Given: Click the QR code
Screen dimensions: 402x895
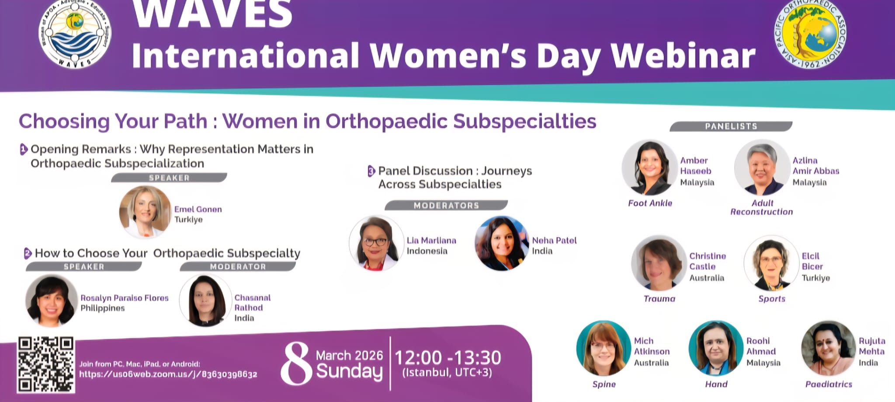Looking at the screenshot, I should pos(46,364).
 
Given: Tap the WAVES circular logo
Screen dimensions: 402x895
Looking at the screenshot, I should pos(75,34).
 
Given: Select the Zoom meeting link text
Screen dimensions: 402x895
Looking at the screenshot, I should pos(168,374).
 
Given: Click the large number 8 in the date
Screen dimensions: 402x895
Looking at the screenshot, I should pos(296,363).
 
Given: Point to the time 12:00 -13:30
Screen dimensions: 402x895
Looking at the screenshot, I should pos(448,358).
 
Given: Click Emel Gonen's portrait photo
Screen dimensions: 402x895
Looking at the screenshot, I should pos(145,212).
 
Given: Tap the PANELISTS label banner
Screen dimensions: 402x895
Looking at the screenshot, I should pos(731,126).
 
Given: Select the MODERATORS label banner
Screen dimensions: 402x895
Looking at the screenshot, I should pos(446,205).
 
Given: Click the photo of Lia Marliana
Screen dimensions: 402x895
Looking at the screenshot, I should pos(376,243).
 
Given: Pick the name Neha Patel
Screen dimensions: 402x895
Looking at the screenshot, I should pos(554,240).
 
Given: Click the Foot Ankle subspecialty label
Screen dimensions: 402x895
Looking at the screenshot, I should pos(650,203).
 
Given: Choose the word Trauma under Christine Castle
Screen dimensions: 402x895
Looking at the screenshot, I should pos(659,299).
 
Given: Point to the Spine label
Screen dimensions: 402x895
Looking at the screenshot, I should pos(604,384).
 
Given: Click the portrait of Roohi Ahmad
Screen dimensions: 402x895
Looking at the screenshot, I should pos(716,348).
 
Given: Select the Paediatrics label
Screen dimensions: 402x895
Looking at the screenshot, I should pos(829,384).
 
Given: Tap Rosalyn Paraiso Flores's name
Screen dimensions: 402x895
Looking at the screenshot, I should pos(125,298).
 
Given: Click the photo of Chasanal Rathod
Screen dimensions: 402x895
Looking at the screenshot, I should pos(205,300).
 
